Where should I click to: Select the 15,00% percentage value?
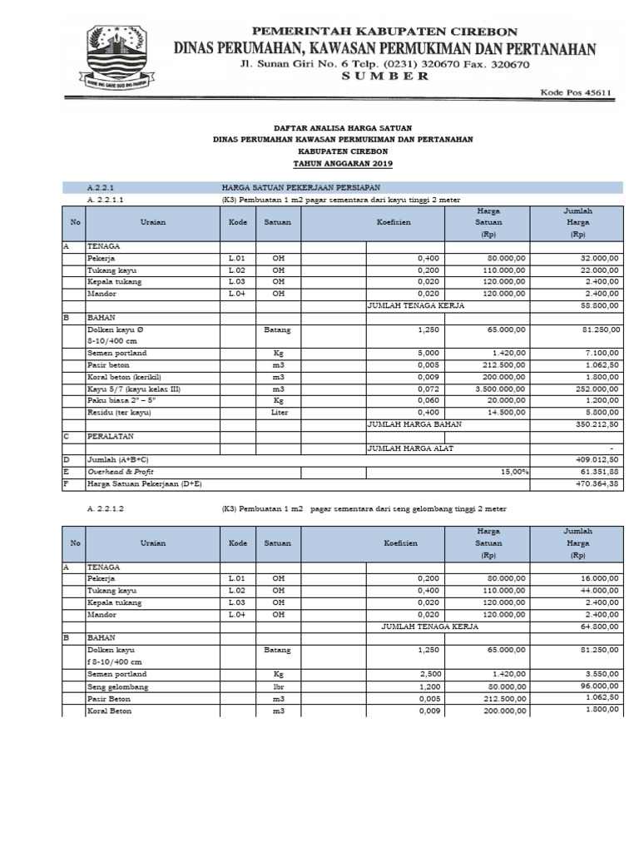click(513, 471)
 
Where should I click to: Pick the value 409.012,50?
click(592, 459)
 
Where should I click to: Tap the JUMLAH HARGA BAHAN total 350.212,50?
click(592, 424)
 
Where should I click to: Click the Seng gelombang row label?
click(117, 686)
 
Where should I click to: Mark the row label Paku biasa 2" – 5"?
click(121, 400)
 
